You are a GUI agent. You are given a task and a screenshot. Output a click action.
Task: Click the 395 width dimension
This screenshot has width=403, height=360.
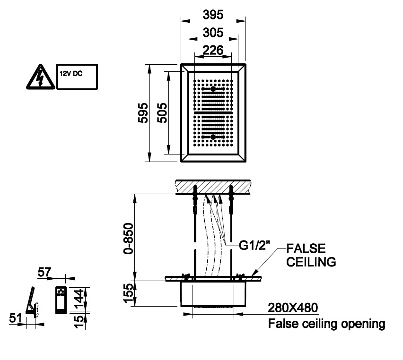[213, 15]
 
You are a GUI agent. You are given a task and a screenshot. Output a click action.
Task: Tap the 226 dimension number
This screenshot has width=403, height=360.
[213, 50]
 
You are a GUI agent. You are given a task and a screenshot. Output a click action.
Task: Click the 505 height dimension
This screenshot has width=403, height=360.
[161, 113]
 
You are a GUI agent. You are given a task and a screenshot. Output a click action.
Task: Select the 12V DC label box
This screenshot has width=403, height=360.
[77, 77]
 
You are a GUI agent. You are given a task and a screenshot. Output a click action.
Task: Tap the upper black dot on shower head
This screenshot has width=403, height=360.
[213, 89]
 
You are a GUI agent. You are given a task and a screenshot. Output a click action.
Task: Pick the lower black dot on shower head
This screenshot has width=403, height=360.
[213, 137]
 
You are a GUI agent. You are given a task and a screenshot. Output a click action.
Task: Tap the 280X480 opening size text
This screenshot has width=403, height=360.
[293, 308]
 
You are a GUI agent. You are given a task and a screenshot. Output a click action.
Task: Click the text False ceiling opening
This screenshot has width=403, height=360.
[326, 324]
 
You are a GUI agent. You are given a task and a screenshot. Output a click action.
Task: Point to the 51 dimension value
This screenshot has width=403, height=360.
[15, 319]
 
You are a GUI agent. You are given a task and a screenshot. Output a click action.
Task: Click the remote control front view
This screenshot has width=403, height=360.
[61, 300]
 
